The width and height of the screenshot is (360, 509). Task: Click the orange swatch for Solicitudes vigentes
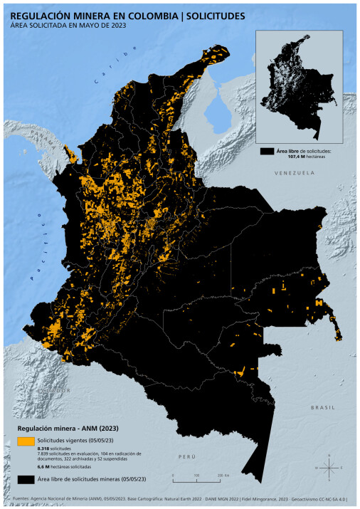pyautogui.click(x=27, y=441)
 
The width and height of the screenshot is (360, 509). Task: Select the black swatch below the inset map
pyautogui.click(x=268, y=151)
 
